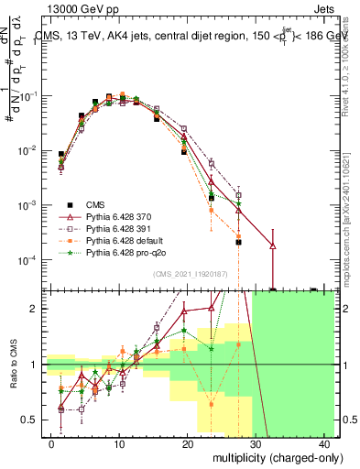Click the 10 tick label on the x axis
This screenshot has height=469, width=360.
point(119,442)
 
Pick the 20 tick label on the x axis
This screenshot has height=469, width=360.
point(188,442)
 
